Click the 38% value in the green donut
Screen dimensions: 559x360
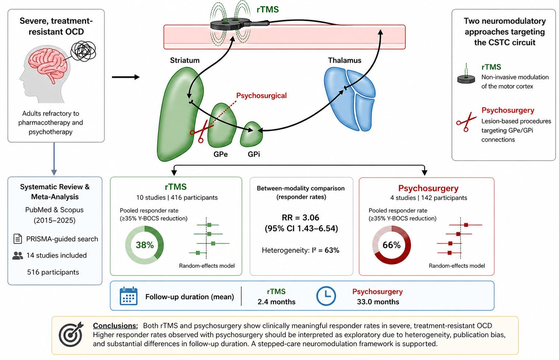pos(144,245)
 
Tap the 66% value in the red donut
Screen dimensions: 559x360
pos(391,245)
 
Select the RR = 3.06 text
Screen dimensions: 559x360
pos(300,218)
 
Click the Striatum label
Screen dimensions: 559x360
pos(184,60)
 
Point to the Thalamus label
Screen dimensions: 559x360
pos(344,60)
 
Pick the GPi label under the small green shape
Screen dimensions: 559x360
pos(254,154)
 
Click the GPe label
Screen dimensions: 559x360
pos(220,154)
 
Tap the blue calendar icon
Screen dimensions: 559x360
pos(129,296)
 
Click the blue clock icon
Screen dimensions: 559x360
pos(326,296)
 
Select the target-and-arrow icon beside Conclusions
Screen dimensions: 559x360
pos(71,334)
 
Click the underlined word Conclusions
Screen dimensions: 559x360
pos(115,325)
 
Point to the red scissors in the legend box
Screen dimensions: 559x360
pos(466,121)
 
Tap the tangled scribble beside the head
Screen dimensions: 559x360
pos(83,51)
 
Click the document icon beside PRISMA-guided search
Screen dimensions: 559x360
pos(17,239)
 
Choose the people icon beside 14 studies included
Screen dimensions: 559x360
pos(17,255)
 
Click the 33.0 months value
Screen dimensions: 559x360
pos(378,302)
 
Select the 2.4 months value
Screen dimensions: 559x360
pos(277,302)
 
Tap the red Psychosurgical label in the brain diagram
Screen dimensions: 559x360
pos(261,96)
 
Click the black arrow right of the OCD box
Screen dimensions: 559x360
pos(126,77)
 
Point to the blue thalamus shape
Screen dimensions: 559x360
pos(349,100)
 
